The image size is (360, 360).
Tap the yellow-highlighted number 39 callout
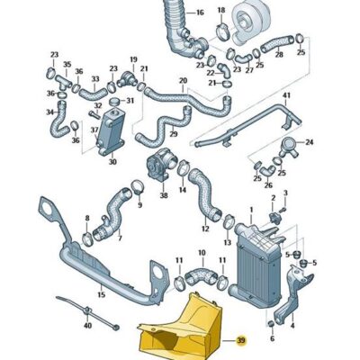pos(240,340)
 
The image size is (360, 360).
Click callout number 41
pos(287,96)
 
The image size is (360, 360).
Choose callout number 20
pos(183,81)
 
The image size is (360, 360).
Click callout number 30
pos(112,163)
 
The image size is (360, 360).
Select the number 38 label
pos(164,193)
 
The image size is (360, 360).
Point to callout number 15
pos(101,294)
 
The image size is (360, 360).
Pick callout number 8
pos(87,218)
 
